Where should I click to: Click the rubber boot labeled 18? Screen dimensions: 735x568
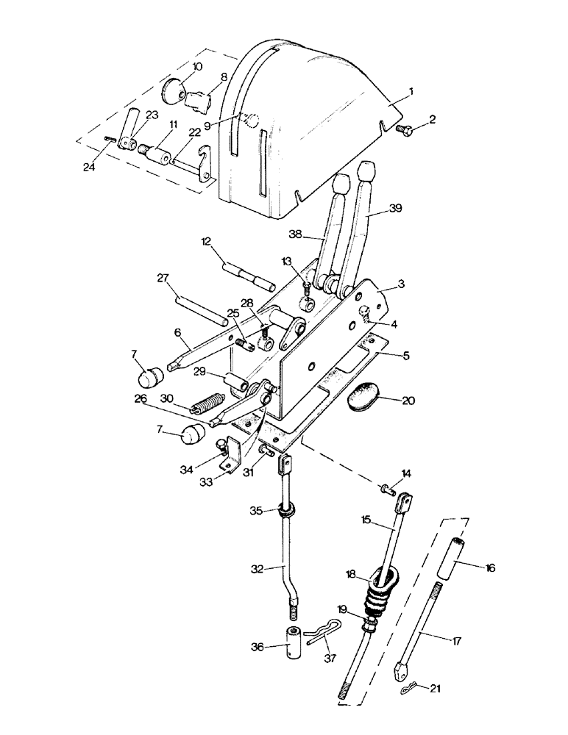(380, 584)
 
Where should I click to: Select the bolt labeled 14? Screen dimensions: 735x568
(387, 487)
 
